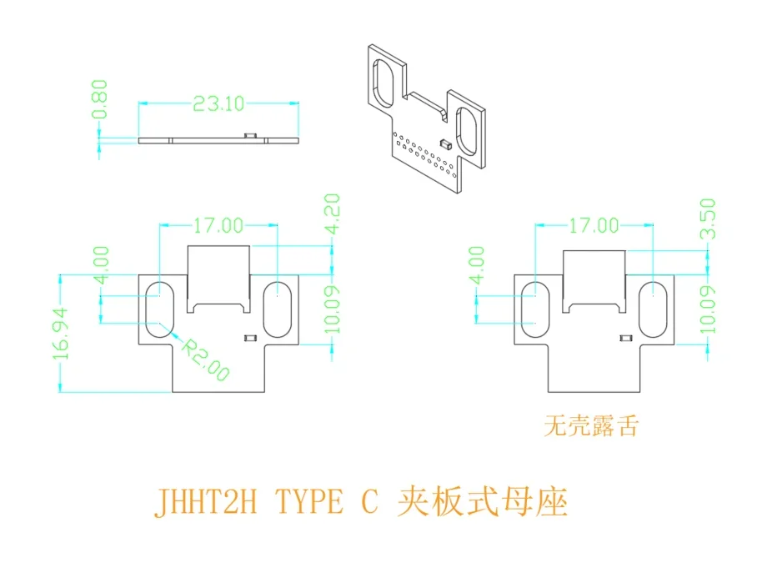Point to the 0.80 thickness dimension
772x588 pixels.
click(x=101, y=100)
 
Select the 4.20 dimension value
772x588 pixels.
click(x=333, y=214)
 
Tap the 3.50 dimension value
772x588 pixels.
click(x=708, y=219)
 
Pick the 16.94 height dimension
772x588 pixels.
click(x=61, y=334)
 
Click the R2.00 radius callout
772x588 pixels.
click(x=205, y=360)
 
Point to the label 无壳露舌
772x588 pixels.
click(x=591, y=426)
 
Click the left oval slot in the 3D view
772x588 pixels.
click(x=385, y=82)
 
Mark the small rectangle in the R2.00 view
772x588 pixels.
click(x=248, y=337)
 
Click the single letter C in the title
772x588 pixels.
click(x=369, y=503)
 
